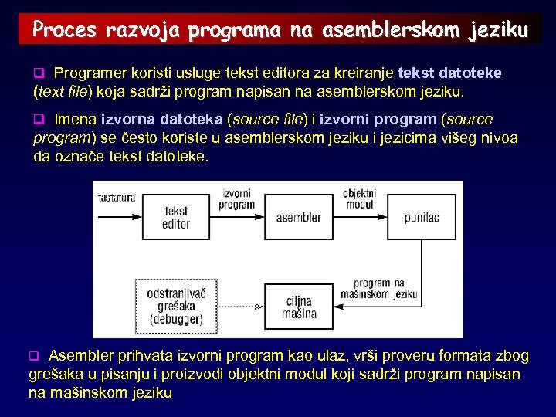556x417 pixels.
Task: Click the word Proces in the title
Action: point(64,30)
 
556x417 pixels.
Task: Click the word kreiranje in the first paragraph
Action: point(366,73)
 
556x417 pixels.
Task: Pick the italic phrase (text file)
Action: point(63,92)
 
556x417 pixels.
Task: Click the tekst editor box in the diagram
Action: point(176,217)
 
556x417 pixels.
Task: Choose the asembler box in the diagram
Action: point(298,217)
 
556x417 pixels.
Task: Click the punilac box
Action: point(422,217)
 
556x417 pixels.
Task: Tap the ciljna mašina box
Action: point(300,307)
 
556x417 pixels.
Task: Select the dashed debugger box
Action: point(176,306)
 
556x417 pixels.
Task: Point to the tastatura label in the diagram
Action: point(116,198)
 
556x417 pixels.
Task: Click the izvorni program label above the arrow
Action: point(236,199)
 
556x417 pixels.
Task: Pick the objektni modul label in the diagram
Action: point(359,199)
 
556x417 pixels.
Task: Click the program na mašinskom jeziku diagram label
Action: point(384,289)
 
